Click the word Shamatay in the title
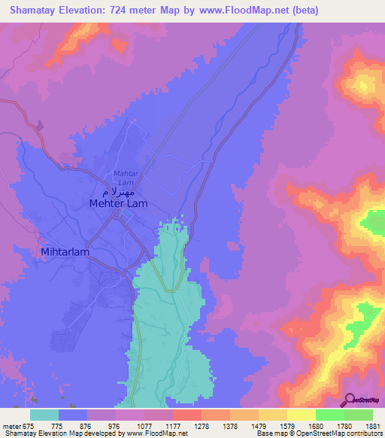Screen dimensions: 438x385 (x=35, y=11)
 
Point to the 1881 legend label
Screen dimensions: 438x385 (x=373, y=425)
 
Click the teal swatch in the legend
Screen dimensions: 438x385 (x=44, y=415)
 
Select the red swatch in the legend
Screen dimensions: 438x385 (x=187, y=415)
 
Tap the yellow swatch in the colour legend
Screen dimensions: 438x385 (x=302, y=415)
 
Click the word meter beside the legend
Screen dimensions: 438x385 (x=11, y=425)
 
